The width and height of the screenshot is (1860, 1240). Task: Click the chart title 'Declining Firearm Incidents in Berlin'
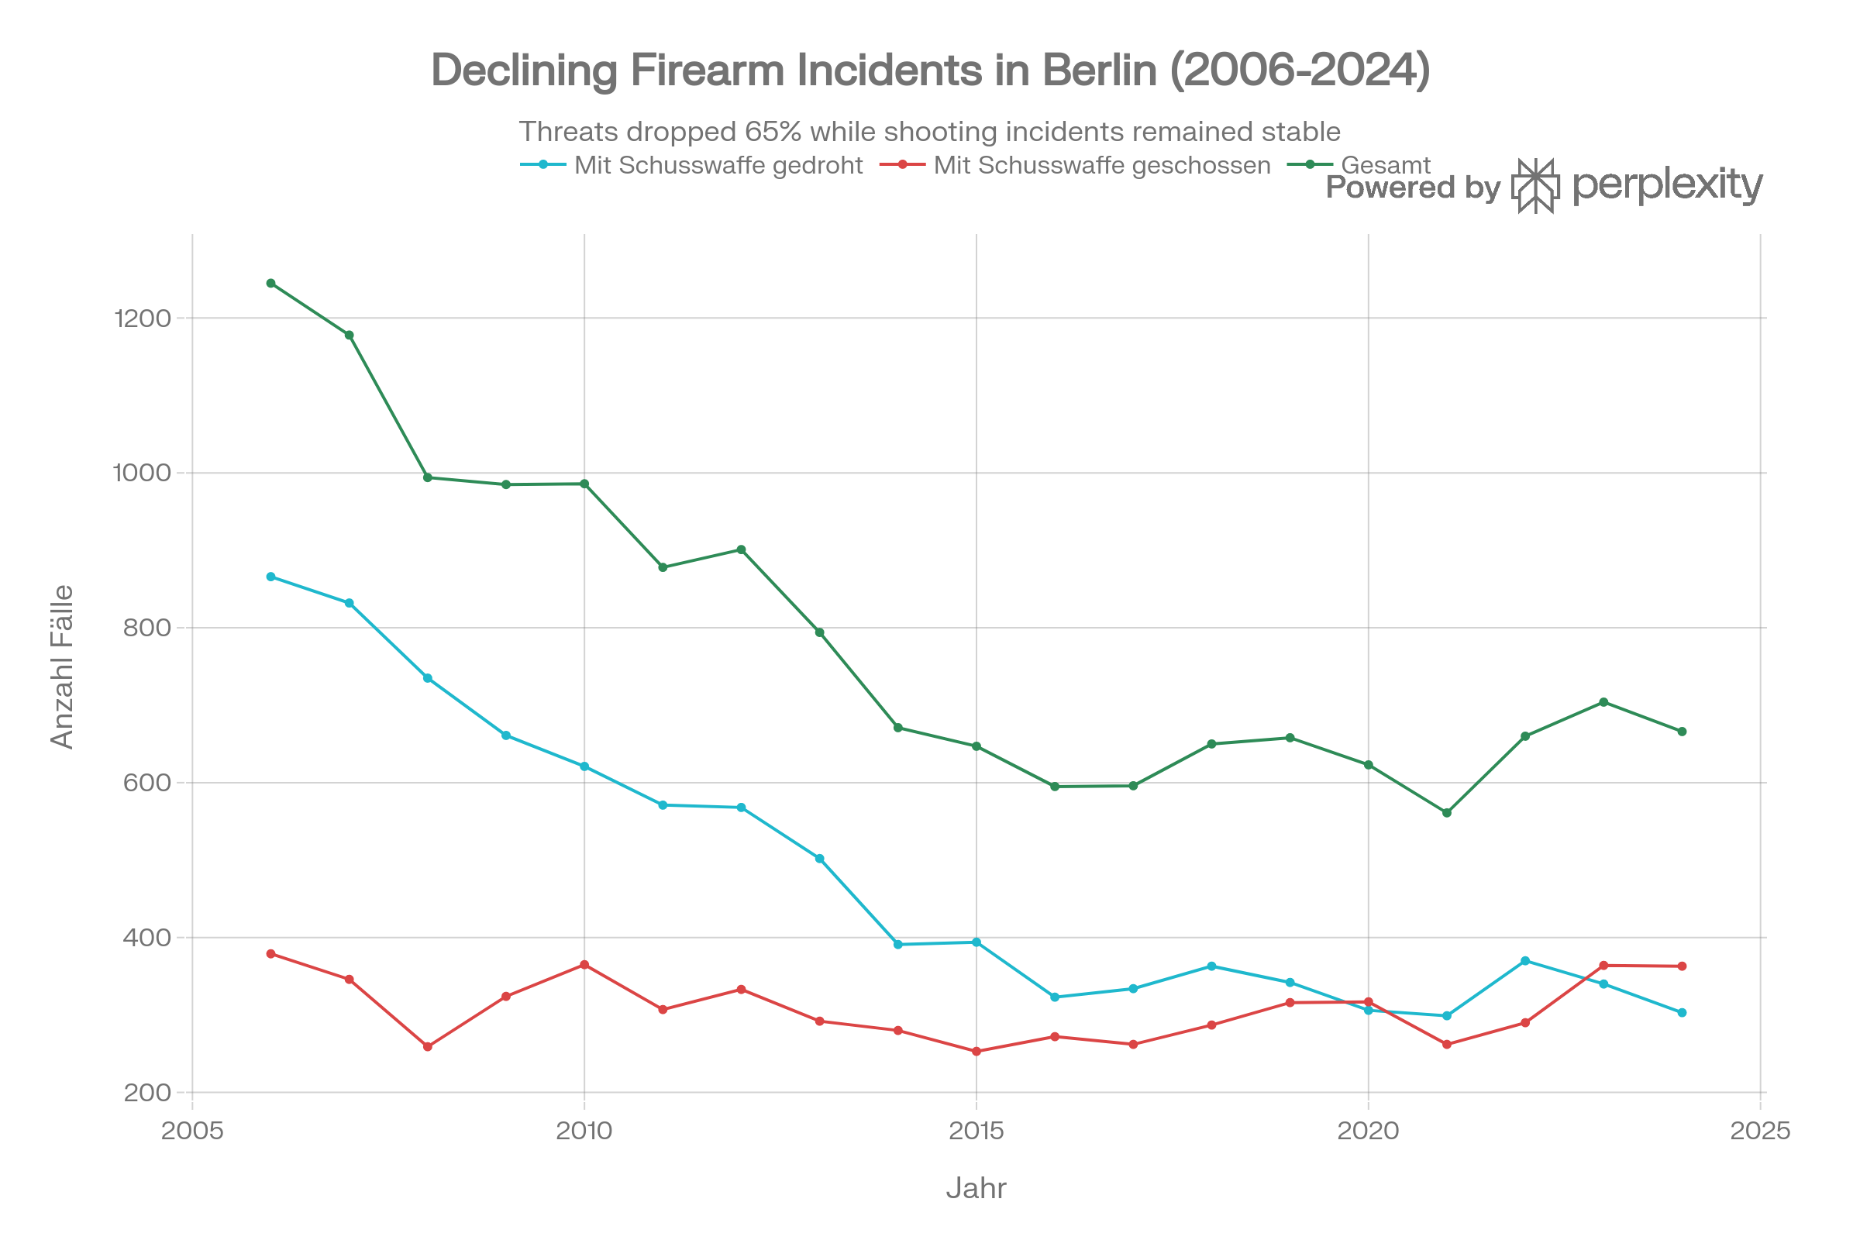pos(930,70)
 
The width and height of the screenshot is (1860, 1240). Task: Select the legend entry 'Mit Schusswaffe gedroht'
pos(718,165)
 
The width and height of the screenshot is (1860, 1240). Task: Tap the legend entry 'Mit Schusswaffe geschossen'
pos(1101,165)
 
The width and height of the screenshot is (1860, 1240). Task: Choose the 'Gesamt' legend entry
pos(1386,165)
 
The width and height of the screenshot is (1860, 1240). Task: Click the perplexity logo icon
pos(1535,186)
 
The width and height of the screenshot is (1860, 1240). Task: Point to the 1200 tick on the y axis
pos(143,318)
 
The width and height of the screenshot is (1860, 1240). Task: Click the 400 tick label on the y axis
pos(147,938)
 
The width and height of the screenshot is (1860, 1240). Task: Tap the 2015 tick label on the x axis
pos(976,1131)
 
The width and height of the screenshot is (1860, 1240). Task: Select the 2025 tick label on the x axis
pos(1759,1131)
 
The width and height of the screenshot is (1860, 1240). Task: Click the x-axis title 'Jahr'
pos(976,1189)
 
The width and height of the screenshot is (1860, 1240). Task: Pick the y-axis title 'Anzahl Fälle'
pos(62,666)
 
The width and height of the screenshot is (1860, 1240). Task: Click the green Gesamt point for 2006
pos(271,283)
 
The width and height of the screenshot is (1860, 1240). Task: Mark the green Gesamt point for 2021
pos(1447,813)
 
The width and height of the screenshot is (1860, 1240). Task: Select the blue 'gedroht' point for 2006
pos(271,577)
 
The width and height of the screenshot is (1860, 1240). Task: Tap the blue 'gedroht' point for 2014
pos(898,944)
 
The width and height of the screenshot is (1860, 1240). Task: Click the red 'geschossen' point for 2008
pos(428,1047)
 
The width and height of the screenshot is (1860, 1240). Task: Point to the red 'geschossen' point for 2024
pos(1682,966)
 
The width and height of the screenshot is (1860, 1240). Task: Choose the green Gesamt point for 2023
pos(1603,702)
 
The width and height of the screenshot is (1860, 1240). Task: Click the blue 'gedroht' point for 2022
pos(1525,961)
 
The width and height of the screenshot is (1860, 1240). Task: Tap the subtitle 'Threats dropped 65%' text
pos(929,131)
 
